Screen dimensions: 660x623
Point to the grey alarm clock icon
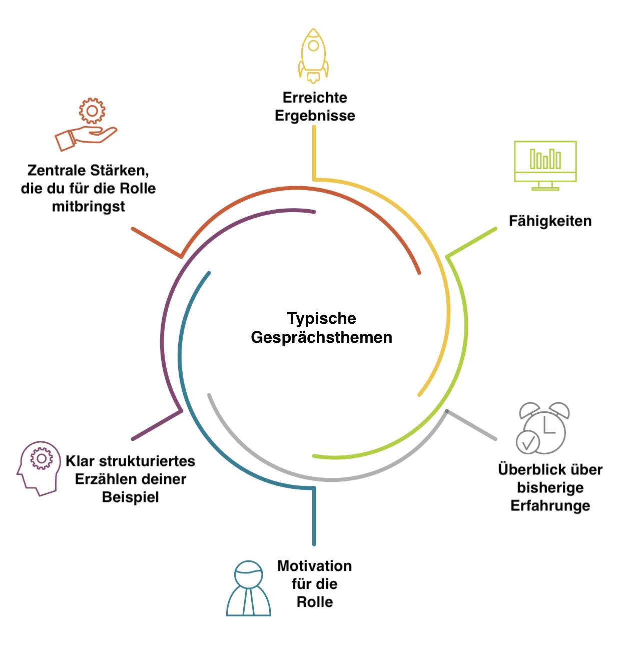pyautogui.click(x=543, y=428)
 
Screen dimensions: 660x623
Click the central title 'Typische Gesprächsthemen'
pyautogui.click(x=321, y=328)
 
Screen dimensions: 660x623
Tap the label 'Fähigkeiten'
pyautogui.click(x=550, y=221)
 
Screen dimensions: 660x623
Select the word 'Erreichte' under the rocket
pyautogui.click(x=315, y=97)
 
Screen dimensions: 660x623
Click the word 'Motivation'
pyautogui.click(x=314, y=566)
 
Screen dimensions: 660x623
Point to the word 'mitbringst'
pyautogui.click(x=88, y=206)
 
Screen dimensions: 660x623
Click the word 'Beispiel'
pyautogui.click(x=130, y=497)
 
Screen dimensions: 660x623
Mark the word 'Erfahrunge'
pyautogui.click(x=550, y=505)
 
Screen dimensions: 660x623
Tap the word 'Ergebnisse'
pyautogui.click(x=315, y=115)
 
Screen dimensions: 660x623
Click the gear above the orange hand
pyautogui.click(x=92, y=111)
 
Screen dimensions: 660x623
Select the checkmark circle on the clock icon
pyautogui.click(x=528, y=442)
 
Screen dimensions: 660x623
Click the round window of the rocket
pyautogui.click(x=314, y=46)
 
